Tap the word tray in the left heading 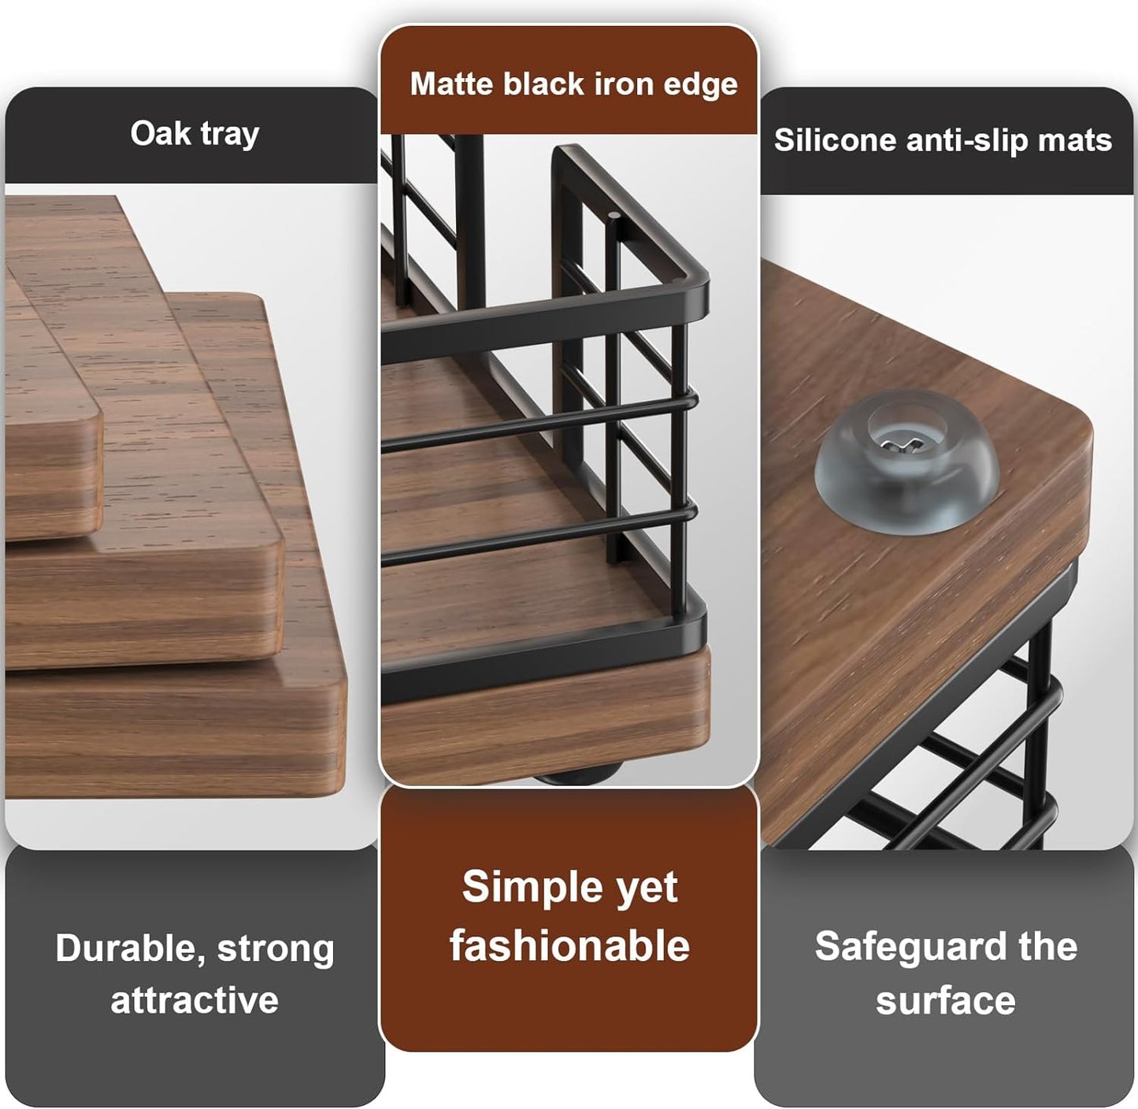click(x=229, y=135)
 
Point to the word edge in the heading click(x=700, y=85)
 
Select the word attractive click(x=195, y=1000)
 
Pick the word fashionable click(x=569, y=945)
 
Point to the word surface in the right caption click(x=945, y=1000)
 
